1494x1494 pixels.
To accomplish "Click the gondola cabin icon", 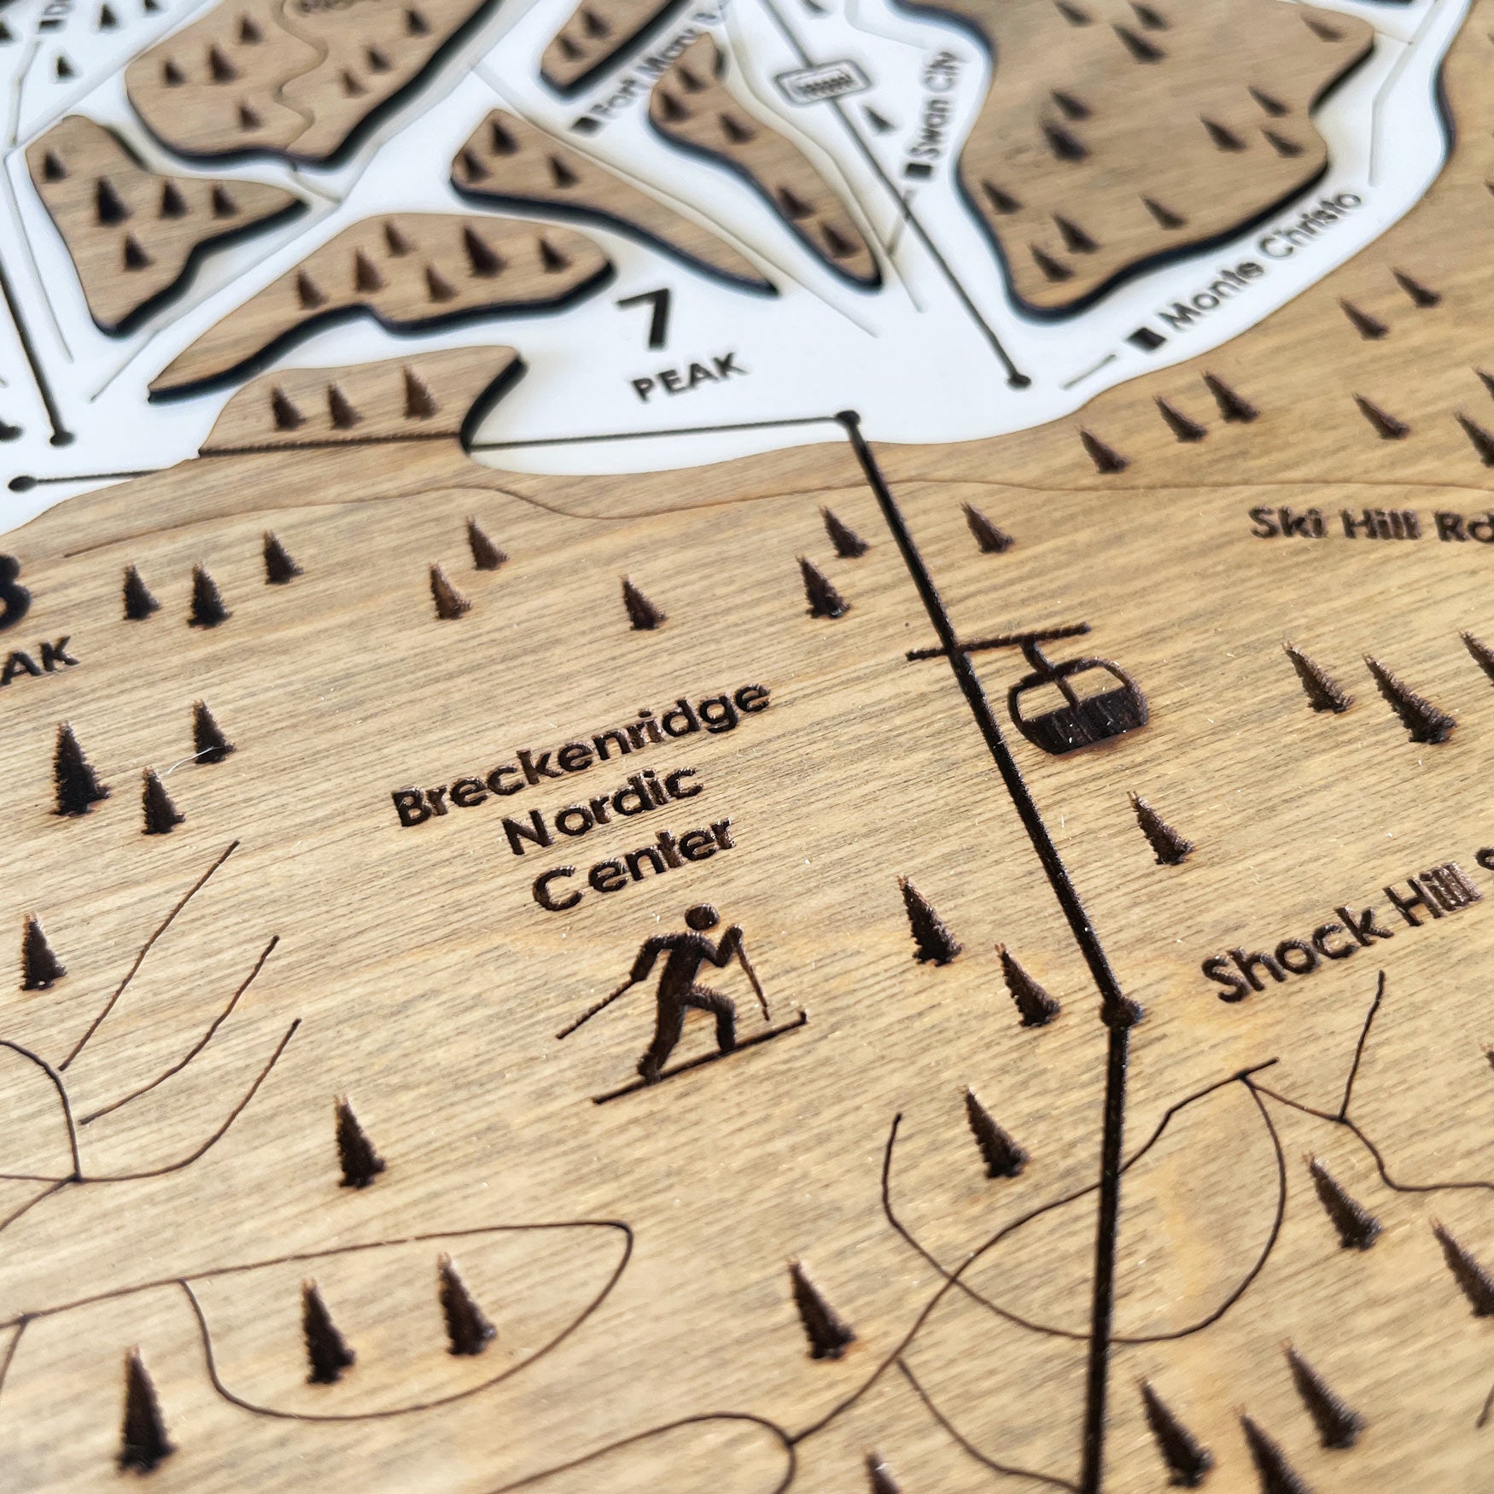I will tap(1077, 709).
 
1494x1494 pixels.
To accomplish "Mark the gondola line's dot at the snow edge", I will tap(849, 417).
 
